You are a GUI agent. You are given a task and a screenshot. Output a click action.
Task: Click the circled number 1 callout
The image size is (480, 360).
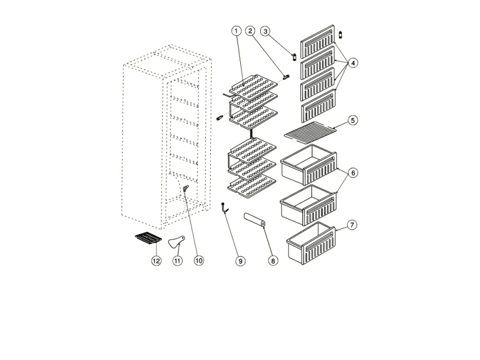(x=236, y=31)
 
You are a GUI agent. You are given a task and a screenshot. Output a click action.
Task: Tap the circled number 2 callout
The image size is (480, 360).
(x=250, y=31)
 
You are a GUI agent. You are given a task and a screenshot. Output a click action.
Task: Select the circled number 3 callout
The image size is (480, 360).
(x=265, y=31)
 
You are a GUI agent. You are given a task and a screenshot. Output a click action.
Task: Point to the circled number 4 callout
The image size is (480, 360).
(x=353, y=63)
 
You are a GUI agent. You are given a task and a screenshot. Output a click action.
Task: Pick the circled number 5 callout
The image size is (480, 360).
(x=353, y=120)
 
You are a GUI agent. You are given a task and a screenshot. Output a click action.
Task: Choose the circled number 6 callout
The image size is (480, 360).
(x=353, y=173)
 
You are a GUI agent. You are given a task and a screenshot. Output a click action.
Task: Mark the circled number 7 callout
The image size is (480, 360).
(x=352, y=225)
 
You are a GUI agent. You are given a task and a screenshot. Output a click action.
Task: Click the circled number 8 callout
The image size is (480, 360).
(x=273, y=261)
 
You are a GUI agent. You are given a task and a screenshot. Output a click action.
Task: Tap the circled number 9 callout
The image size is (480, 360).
(x=240, y=261)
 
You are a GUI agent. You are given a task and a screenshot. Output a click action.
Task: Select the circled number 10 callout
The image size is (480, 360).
(x=199, y=261)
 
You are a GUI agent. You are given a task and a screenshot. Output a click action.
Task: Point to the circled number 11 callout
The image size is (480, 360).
(x=177, y=261)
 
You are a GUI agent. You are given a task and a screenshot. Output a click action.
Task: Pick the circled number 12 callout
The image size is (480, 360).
(x=156, y=261)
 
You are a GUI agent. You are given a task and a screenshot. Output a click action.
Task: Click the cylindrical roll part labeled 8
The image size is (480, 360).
(x=254, y=221)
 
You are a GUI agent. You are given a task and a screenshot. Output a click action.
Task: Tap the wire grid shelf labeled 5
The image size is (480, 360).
(x=310, y=130)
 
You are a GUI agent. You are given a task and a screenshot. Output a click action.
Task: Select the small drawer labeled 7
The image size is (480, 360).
(x=311, y=243)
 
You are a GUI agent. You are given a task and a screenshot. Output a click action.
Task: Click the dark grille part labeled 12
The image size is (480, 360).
(x=148, y=238)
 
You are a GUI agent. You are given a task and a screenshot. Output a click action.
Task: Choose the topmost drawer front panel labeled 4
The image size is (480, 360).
(x=318, y=41)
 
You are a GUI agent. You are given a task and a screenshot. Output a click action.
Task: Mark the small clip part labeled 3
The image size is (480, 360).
(x=295, y=57)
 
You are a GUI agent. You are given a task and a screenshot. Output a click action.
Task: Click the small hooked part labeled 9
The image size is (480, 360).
(x=224, y=208)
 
